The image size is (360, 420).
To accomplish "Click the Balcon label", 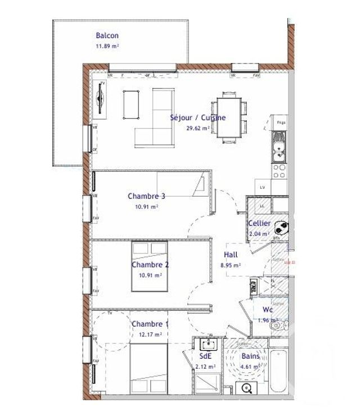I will [107, 35].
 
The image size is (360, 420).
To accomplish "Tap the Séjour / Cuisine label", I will [198, 118].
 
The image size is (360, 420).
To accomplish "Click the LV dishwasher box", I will [262, 188].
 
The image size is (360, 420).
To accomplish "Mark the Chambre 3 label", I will [146, 196].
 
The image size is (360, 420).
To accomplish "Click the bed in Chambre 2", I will [150, 266].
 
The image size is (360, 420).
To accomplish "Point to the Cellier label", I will [259, 224].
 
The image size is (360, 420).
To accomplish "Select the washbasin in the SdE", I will [208, 344].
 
